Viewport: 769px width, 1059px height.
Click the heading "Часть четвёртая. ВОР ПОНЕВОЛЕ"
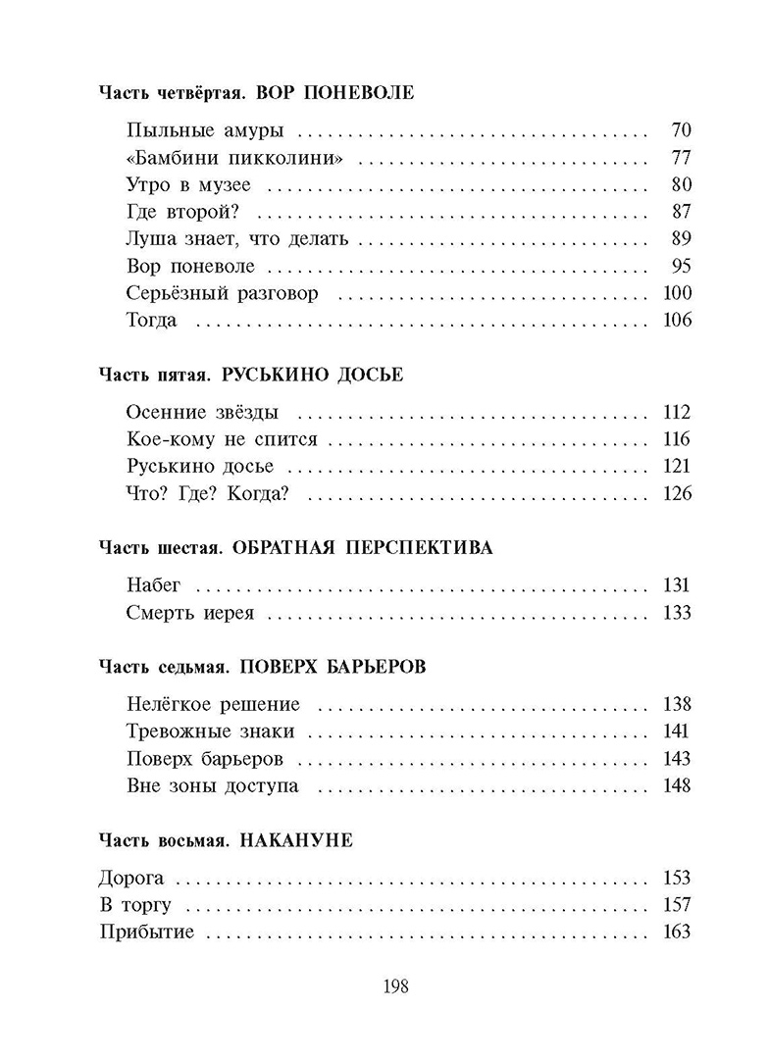(x=257, y=94)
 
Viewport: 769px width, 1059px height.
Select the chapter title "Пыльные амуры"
(x=191, y=129)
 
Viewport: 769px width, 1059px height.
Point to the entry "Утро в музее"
(x=188, y=184)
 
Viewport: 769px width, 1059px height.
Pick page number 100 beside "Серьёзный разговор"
(x=677, y=293)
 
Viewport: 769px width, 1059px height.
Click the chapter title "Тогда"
(x=152, y=321)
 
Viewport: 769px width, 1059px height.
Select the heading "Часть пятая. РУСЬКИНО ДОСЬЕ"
(x=251, y=376)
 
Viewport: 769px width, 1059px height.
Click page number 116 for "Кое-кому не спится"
(x=677, y=439)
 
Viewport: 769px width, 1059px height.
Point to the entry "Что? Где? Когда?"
(x=208, y=493)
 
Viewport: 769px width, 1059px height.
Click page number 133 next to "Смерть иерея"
(x=677, y=613)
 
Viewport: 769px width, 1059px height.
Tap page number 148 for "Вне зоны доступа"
(x=677, y=786)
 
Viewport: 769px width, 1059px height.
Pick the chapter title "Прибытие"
(x=147, y=933)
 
